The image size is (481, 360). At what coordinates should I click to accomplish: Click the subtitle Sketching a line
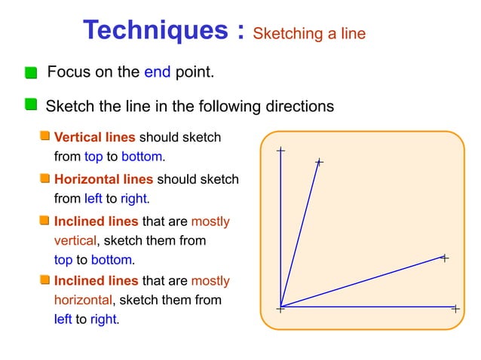point(309,33)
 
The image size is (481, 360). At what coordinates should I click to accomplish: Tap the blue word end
point(157,72)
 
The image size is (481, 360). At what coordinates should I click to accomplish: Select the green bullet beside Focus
point(30,73)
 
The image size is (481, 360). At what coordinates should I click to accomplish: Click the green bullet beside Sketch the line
point(30,103)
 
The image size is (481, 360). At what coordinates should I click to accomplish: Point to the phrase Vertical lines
point(95,137)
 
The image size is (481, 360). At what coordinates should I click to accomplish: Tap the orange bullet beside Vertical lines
point(45,136)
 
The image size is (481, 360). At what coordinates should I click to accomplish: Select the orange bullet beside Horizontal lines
point(45,178)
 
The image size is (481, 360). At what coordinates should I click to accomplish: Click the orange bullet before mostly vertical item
point(45,221)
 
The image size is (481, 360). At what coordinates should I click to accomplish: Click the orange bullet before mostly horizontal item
point(45,280)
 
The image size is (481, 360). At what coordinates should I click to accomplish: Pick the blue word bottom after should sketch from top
point(142,157)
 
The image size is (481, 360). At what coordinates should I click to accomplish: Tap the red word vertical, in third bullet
point(75,240)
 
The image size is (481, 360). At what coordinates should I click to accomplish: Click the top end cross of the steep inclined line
point(319,162)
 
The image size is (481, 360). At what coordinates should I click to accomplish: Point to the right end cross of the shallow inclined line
point(444,258)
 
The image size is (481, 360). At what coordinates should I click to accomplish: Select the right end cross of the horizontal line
point(455,307)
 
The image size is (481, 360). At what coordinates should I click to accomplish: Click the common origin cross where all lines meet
point(280,307)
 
